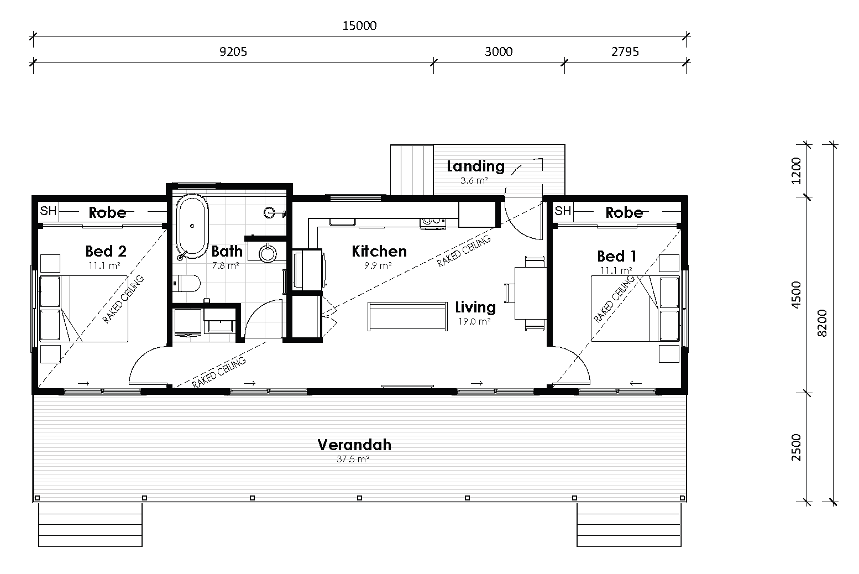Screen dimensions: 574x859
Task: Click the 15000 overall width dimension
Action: click(x=359, y=25)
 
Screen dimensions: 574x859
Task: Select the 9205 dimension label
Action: click(x=233, y=52)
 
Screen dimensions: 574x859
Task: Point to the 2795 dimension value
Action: click(x=625, y=51)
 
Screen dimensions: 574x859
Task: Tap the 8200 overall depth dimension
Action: click(x=822, y=323)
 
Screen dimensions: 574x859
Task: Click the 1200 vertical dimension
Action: click(x=796, y=170)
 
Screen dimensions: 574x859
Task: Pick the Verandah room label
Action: click(x=354, y=445)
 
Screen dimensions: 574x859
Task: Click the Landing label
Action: click(x=475, y=166)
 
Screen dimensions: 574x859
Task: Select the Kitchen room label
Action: click(x=379, y=251)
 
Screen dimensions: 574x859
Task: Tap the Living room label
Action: click(x=475, y=307)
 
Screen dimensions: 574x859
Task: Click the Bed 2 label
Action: click(x=106, y=251)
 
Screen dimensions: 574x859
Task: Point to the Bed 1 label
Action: click(x=617, y=256)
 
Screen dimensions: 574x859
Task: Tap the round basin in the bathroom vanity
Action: click(x=268, y=253)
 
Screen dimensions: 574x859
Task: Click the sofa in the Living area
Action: click(x=408, y=316)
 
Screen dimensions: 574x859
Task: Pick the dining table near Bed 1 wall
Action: click(x=530, y=293)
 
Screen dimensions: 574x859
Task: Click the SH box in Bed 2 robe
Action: click(x=49, y=211)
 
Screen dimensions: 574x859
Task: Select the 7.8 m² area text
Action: click(x=226, y=265)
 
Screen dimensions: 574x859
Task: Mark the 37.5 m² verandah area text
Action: click(x=353, y=459)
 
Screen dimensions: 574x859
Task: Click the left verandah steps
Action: click(x=90, y=524)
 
